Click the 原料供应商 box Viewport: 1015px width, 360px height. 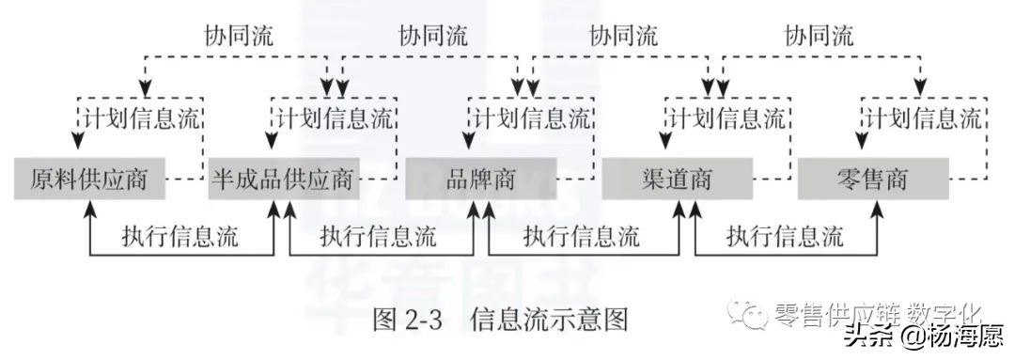coord(89,179)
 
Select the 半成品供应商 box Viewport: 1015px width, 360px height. coord(283,179)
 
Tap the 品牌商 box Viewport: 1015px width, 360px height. coord(481,179)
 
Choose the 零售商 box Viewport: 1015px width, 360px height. coord(871,179)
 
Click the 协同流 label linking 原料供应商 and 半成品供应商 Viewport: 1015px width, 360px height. coord(239,36)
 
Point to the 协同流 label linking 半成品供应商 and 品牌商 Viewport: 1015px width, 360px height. coord(433,36)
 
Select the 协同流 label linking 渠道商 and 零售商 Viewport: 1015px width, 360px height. coord(819,36)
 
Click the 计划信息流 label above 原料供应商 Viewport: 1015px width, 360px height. coord(139,119)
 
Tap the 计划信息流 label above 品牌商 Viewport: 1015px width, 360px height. coord(532,119)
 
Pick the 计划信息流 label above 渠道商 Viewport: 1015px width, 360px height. coord(726,119)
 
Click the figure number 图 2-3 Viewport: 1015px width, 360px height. coord(407,320)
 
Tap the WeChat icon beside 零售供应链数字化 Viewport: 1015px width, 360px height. coord(753,314)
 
